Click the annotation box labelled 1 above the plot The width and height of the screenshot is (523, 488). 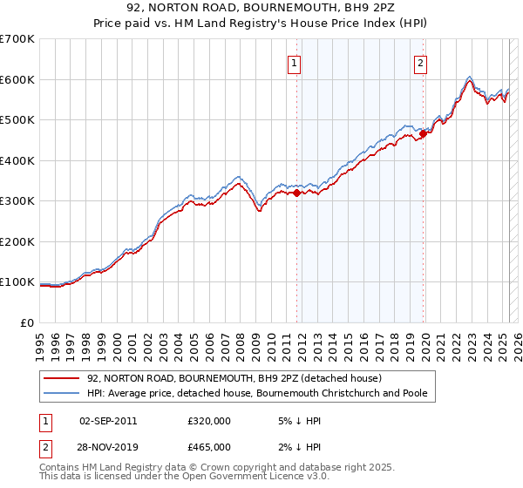295,63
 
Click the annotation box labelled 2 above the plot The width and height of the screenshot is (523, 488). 421,63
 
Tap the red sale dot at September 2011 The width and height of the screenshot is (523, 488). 297,193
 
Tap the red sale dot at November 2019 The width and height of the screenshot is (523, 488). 424,134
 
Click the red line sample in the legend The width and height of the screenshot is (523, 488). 61,378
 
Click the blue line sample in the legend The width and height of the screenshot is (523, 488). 61,393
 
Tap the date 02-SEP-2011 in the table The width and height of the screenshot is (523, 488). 107,421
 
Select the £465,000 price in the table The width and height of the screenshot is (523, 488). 208,447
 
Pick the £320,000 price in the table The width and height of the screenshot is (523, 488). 208,421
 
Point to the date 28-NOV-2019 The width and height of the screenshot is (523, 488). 108,447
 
